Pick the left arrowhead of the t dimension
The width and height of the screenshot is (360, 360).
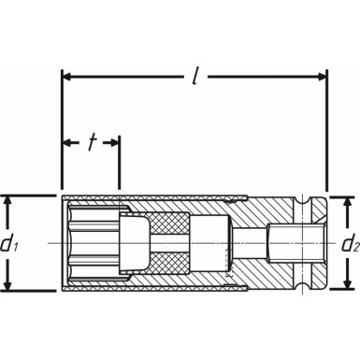[67, 142]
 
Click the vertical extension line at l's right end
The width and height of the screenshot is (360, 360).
[326, 131]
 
